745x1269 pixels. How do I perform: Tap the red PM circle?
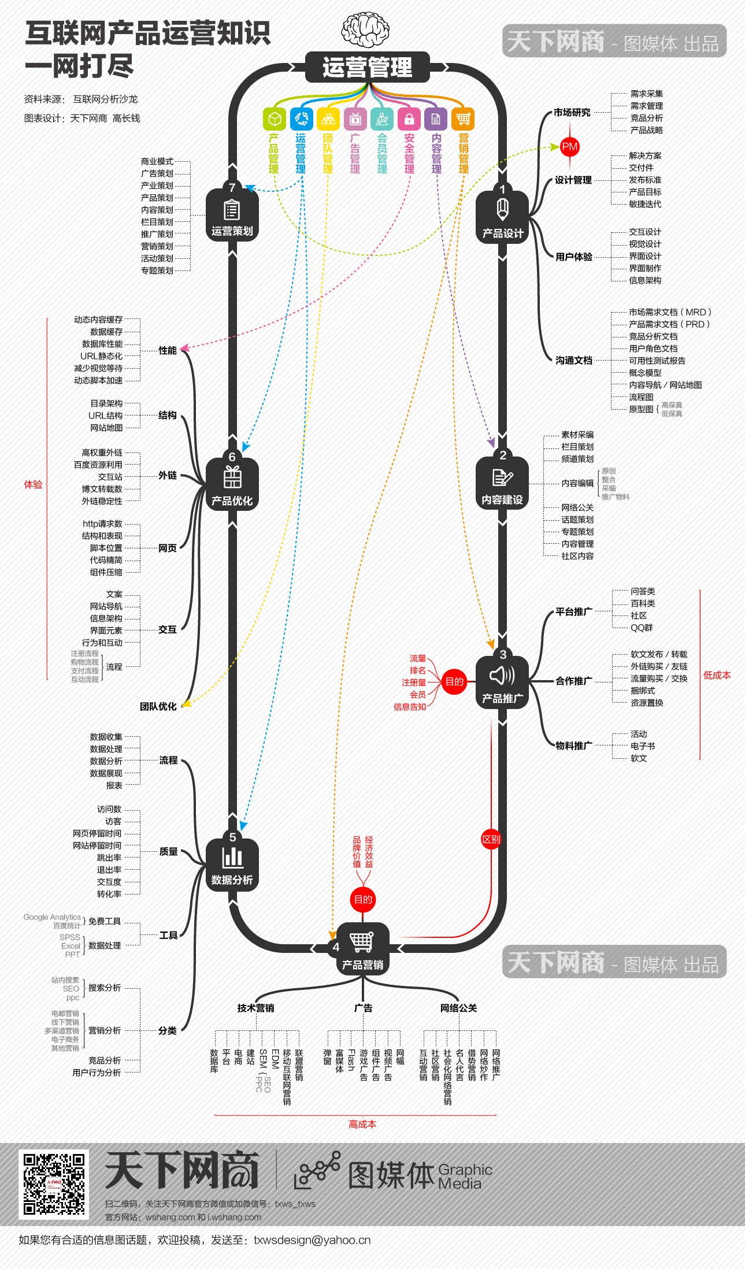click(569, 147)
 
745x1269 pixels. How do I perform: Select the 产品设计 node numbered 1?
click(502, 217)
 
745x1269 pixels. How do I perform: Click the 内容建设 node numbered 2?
click(502, 484)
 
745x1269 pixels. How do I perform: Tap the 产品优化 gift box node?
click(232, 484)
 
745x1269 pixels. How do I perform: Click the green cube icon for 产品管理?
click(275, 119)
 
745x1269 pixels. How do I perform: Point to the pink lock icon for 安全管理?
click(409, 119)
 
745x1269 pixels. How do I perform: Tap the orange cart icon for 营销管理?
click(463, 119)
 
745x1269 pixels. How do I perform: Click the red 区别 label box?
click(491, 839)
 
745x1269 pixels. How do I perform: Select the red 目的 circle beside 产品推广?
click(454, 681)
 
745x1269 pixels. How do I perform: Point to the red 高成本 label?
click(362, 1124)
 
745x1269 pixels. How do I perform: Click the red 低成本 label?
click(717, 675)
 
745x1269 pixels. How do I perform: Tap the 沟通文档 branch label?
click(574, 360)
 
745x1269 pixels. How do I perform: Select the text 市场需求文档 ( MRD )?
click(670, 312)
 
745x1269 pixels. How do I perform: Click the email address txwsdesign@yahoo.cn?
click(312, 1240)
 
